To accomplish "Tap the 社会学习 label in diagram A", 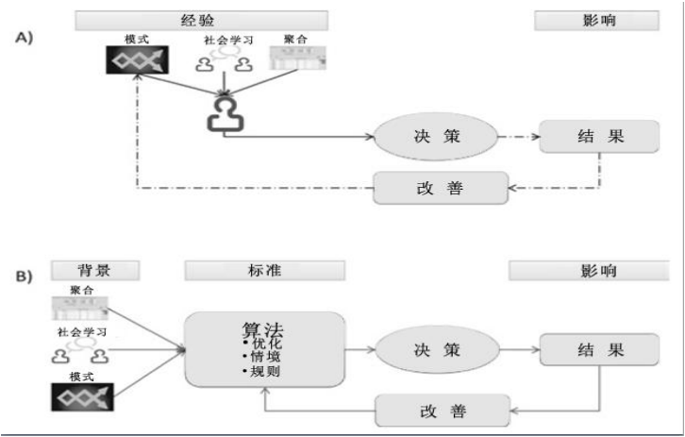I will click(229, 41).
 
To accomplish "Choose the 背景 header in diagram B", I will click(96, 270).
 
